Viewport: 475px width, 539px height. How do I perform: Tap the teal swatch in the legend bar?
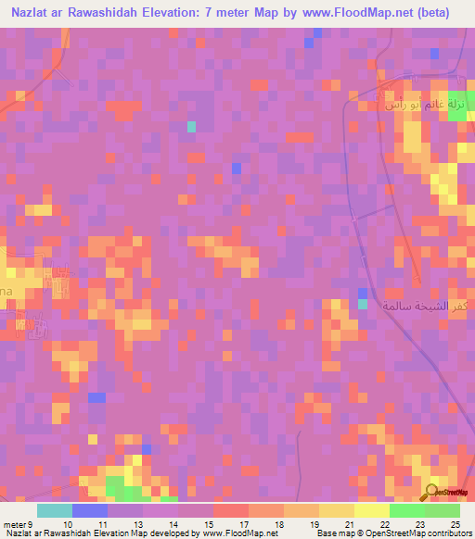[55, 510]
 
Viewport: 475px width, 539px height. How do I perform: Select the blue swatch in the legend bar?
[90, 510]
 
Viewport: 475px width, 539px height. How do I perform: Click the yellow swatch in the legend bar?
[372, 510]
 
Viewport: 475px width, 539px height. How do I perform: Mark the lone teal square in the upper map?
[192, 126]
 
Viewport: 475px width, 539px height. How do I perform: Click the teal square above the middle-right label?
[363, 304]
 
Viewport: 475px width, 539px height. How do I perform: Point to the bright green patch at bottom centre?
[118, 487]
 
